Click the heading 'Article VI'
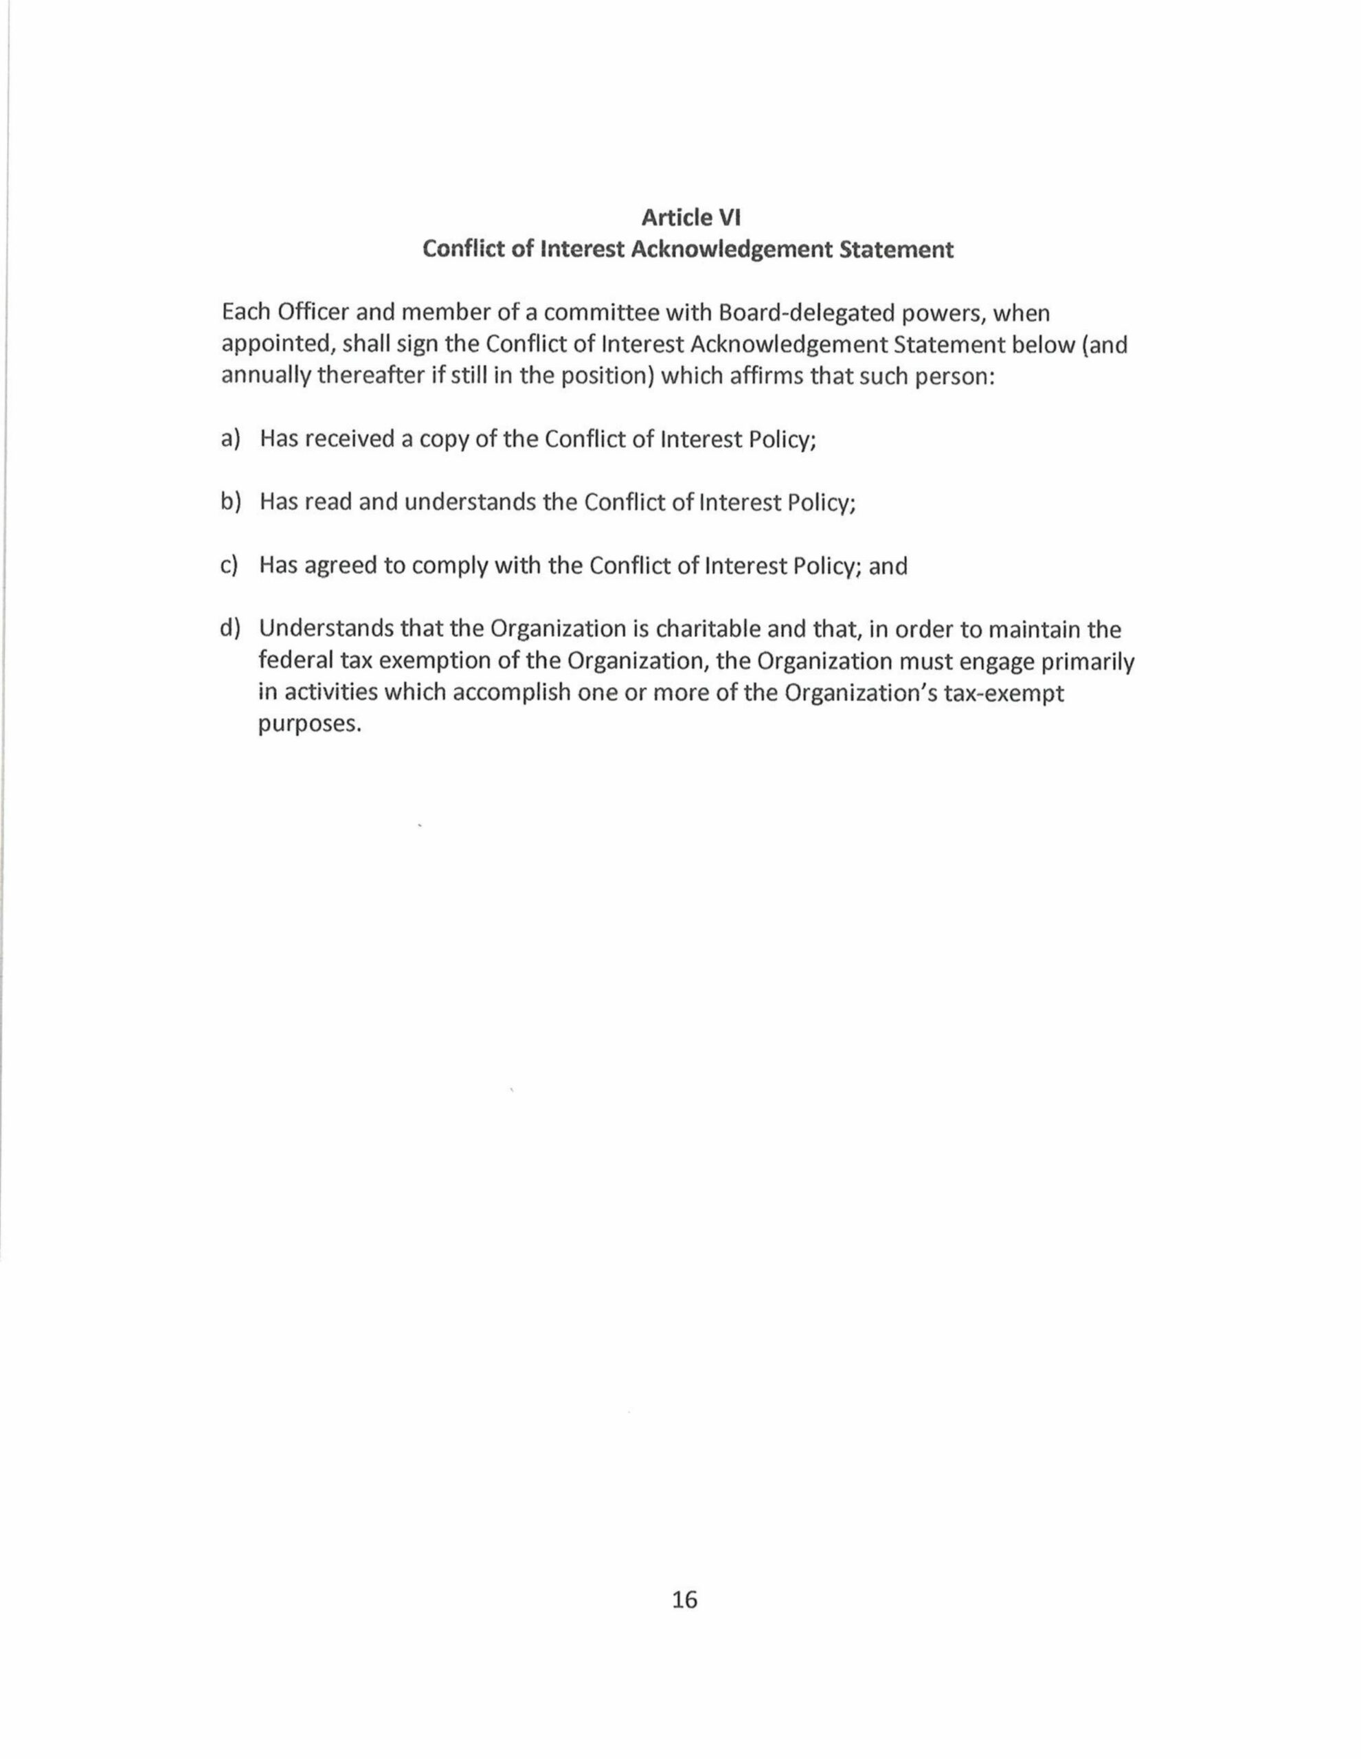pyautogui.click(x=690, y=216)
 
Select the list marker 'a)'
pyautogui.click(x=230, y=439)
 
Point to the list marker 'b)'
pyautogui.click(x=230, y=502)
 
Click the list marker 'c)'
pyautogui.click(x=229, y=565)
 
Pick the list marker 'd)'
pyautogui.click(x=230, y=628)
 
